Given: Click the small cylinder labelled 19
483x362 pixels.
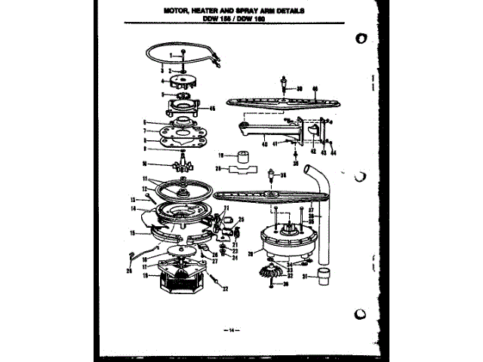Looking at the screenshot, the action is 243,157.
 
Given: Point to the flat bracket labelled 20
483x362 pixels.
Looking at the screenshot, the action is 240,170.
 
